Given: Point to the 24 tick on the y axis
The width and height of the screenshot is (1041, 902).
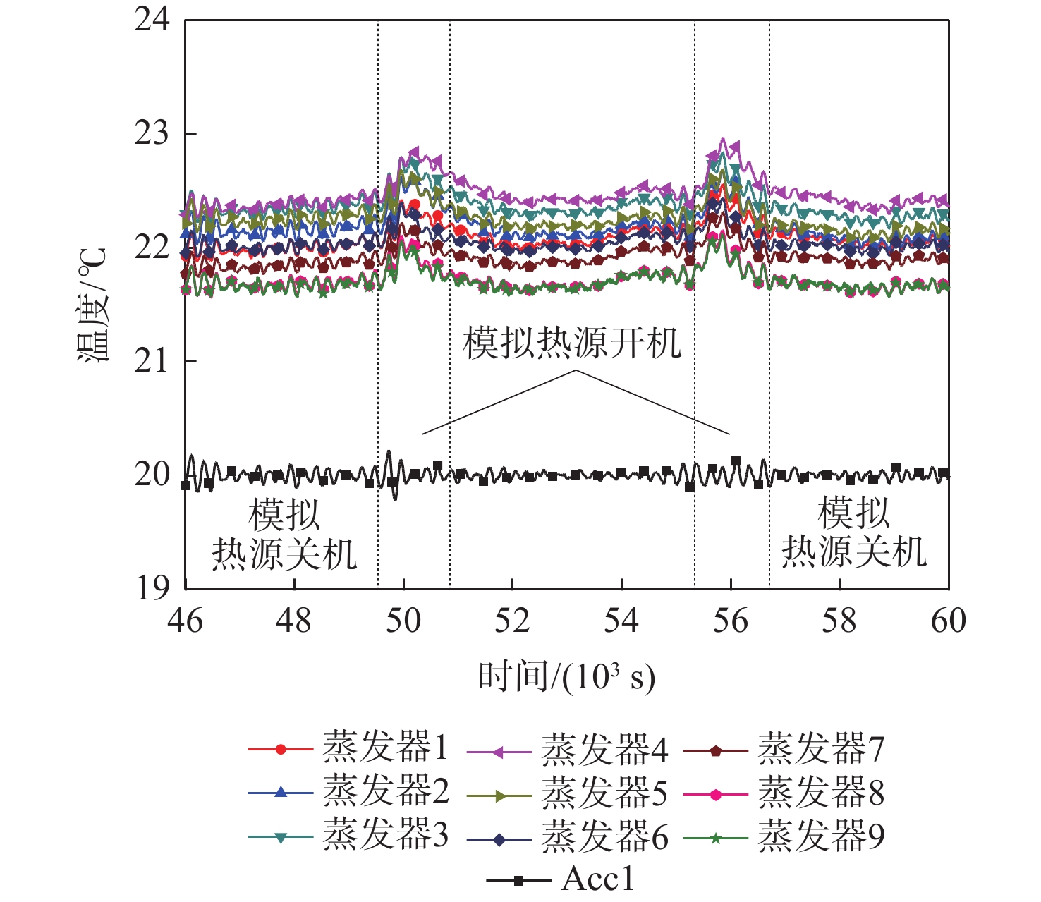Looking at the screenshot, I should tap(152, 20).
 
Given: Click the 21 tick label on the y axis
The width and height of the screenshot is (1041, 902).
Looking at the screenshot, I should tap(152, 361).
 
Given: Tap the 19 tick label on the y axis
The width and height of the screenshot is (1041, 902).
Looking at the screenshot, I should tap(152, 588).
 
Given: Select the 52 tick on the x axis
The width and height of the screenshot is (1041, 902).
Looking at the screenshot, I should tap(512, 621).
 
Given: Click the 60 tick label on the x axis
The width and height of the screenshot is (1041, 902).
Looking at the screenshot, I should tap(948, 621).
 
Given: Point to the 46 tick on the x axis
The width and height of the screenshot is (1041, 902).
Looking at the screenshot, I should tap(185, 621).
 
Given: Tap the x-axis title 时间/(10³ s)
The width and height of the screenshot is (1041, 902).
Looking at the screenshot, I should tap(566, 678).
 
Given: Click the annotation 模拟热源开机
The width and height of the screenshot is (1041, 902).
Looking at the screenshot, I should tap(571, 343).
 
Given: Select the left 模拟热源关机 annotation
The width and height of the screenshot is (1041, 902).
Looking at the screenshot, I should tap(284, 534).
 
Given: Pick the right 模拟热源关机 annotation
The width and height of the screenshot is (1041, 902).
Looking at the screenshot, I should tap(853, 532).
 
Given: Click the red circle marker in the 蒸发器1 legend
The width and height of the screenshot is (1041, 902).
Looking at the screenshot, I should tap(281, 749).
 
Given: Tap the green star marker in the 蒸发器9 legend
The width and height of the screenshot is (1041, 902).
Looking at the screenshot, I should tap(715, 838).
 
